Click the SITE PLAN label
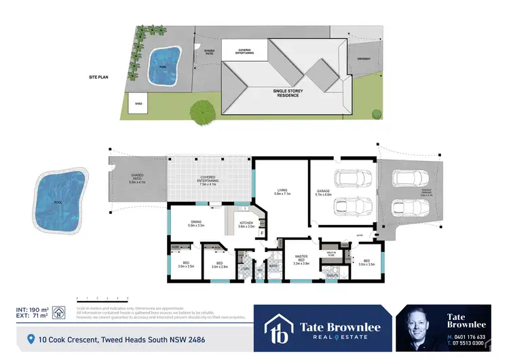pyautogui.click(x=99, y=78)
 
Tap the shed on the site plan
pyautogui.click(x=138, y=103)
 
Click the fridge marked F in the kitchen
pyautogui.click(x=262, y=233)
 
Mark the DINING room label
pyautogui.click(x=195, y=223)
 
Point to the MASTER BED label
pyautogui.click(x=301, y=259)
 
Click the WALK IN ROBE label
pyautogui.click(x=332, y=253)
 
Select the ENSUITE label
pyautogui.click(x=332, y=274)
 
